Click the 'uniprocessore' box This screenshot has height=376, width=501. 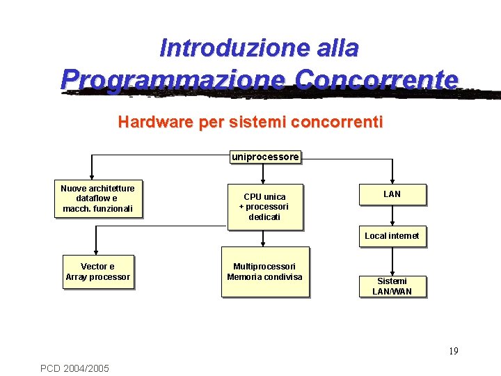265,157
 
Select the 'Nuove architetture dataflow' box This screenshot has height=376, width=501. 98,199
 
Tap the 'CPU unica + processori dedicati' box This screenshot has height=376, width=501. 264,207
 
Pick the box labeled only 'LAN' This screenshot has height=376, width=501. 392,194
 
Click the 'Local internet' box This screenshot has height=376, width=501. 392,236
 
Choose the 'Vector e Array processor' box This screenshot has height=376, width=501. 97,272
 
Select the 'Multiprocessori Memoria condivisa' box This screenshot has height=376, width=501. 264,272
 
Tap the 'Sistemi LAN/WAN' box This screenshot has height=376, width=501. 392,286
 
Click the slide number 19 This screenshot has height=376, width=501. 453,351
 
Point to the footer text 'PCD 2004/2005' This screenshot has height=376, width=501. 74,368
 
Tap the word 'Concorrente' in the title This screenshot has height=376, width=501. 376,79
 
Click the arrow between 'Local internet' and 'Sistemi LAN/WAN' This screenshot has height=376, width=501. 392,260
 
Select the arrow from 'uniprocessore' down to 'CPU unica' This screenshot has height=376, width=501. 264,174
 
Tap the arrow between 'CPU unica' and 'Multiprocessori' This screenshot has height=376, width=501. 264,238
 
